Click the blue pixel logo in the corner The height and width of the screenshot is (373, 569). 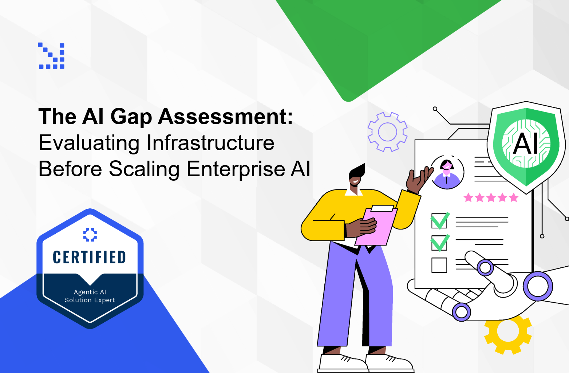point(51,56)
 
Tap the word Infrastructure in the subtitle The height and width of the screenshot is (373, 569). point(210,143)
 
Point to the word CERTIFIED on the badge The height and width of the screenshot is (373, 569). point(90,257)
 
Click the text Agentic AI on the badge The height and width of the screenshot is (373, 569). point(90,292)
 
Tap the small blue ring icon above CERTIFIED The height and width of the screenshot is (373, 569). point(90,235)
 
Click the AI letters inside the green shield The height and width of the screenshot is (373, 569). point(525,144)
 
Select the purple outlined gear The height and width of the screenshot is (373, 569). point(387,132)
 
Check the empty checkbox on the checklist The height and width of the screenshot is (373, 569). point(439,265)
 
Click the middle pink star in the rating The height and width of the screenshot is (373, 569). point(491,197)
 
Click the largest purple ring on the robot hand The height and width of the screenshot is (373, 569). point(538,286)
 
